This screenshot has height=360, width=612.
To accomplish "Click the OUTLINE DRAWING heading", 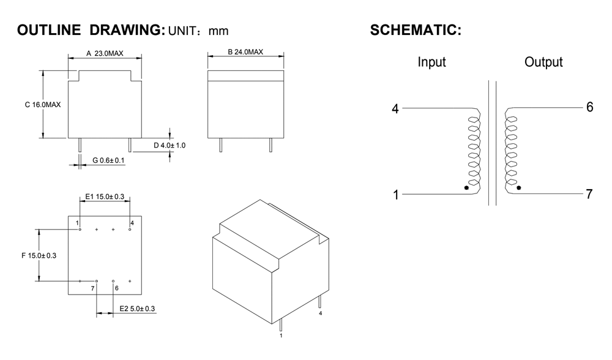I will pos(91,30).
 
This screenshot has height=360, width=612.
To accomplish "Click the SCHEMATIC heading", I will pos(416,30).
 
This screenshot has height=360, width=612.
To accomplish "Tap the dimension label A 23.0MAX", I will pos(105,54).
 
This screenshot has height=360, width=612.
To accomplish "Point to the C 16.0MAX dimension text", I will pos(43,105).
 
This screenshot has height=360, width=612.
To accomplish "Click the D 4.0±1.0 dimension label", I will pos(170,146).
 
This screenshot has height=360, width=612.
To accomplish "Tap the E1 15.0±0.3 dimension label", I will pos(105,197).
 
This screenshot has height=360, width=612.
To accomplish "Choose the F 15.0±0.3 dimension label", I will pos(38,255).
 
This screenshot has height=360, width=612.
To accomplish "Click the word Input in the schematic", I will pos(431,62).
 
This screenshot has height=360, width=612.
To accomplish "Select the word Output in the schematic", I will pos(543,62).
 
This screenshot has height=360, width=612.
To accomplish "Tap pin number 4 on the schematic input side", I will pos(395,109).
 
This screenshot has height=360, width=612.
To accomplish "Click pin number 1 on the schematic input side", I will pos(396,195).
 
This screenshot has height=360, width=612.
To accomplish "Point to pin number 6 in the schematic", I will pos(589,107).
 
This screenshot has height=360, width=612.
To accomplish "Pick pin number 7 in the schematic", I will pos(589,194).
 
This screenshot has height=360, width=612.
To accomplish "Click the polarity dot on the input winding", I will pos(468,188).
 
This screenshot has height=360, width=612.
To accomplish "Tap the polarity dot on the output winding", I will pos(519,188).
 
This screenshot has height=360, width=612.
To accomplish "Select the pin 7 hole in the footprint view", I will pos(97,280).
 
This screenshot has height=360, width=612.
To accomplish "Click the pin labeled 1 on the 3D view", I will pos(281,327).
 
